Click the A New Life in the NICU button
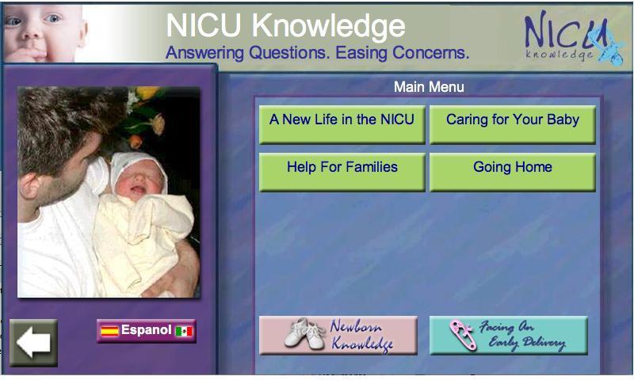pos(342,125)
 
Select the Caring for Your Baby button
pos(513,125)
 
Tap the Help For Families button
pos(342,172)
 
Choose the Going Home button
pos(513,172)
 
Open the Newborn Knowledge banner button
pos(338,336)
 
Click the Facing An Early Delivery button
pos(509,336)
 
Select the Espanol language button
pos(147,331)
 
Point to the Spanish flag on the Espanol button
pos(109,332)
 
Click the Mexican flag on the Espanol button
pos(184,332)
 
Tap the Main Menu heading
pos(429,87)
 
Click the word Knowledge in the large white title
pos(329,26)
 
